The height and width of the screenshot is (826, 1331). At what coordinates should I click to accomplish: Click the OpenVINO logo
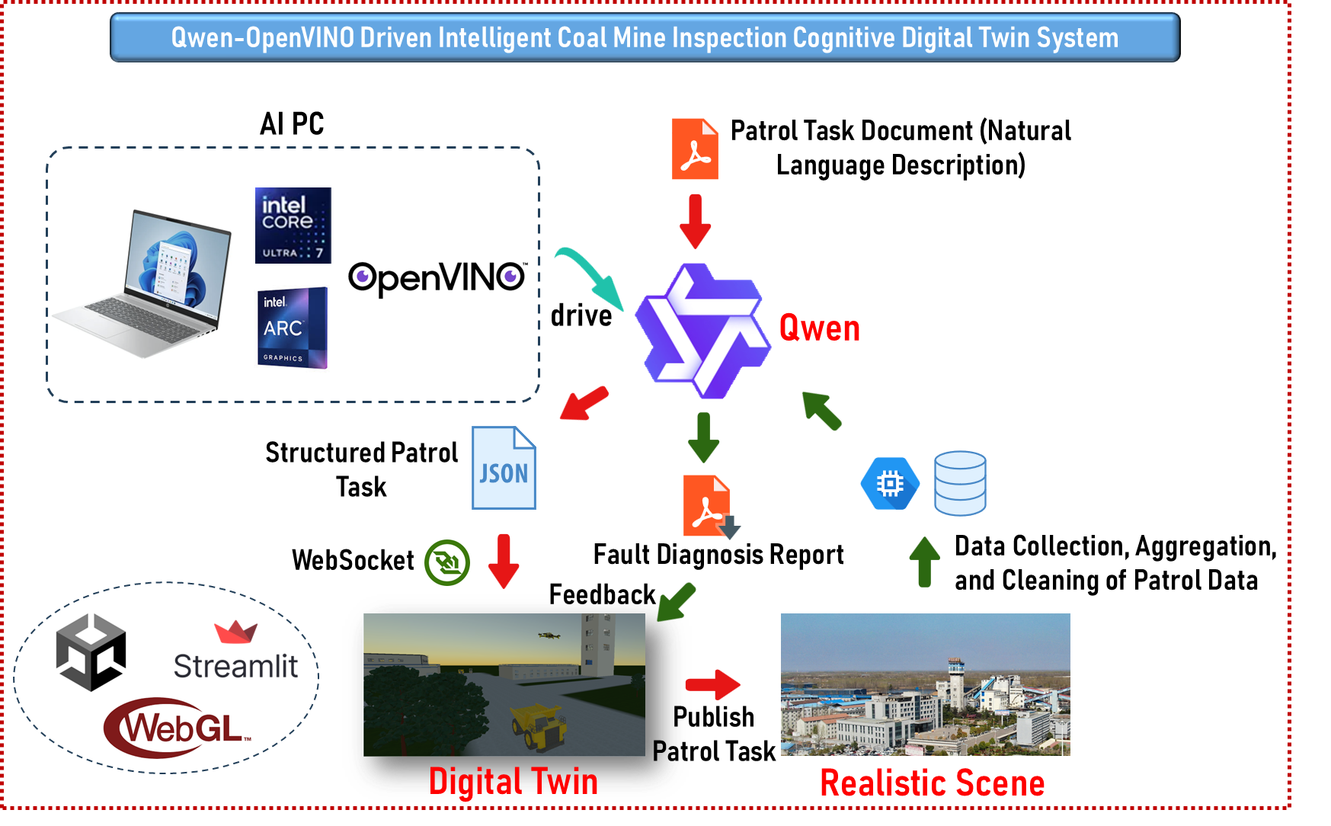[437, 278]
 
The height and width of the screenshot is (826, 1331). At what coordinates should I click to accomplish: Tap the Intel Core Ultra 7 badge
[293, 226]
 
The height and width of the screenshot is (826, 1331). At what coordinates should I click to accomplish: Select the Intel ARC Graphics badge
[293, 328]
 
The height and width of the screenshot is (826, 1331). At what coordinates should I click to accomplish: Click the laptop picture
[142, 283]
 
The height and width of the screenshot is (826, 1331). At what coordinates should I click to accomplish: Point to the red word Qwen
[819, 329]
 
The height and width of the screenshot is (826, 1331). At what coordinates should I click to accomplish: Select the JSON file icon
[504, 468]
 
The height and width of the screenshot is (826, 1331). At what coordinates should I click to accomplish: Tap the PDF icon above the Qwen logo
[695, 149]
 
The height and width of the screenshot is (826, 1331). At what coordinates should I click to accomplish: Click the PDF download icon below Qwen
[709, 507]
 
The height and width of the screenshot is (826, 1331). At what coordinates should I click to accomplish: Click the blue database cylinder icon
[960, 483]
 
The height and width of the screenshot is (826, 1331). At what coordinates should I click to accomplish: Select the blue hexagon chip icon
[890, 483]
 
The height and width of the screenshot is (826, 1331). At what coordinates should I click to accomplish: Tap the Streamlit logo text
[235, 666]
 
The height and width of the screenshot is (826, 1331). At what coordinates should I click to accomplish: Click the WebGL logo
[178, 728]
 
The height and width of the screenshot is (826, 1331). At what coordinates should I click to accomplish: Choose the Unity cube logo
[91, 652]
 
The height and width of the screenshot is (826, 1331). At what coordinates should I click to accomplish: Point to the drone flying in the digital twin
[549, 634]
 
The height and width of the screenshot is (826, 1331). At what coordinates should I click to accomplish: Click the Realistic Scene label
[932, 783]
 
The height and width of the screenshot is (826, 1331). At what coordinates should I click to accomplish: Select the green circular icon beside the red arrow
[447, 563]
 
